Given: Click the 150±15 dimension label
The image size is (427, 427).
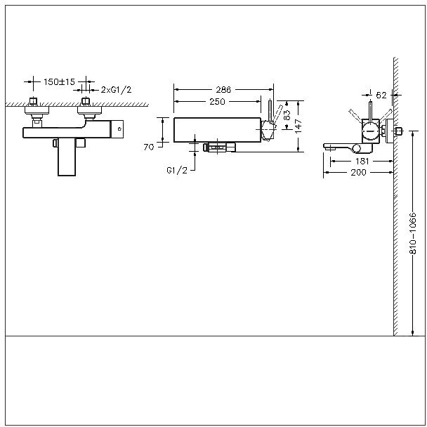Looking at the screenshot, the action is point(59,82).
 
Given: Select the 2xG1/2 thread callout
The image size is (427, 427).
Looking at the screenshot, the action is point(115,90).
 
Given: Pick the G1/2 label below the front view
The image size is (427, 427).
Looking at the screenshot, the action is point(176,170).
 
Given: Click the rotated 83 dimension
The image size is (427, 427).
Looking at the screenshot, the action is point(288,114).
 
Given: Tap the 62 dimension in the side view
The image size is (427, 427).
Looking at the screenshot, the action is point(381,93).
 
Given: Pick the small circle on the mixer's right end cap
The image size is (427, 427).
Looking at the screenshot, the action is point(119,129).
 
